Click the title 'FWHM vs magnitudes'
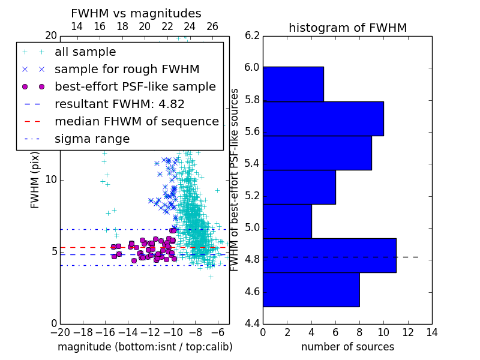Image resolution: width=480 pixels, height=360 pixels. tap(136, 13)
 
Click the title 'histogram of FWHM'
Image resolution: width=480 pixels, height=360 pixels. tap(348, 28)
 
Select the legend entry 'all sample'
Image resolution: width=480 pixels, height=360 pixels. tap(85, 52)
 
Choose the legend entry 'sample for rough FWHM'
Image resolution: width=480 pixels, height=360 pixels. tap(127, 70)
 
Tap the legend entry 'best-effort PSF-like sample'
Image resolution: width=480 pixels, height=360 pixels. tap(136, 87)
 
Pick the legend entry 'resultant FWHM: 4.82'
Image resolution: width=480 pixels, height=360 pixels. tap(119, 104)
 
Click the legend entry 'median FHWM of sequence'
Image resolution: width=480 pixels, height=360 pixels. tap(137, 122)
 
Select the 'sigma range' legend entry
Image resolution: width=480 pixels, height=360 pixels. tap(92, 139)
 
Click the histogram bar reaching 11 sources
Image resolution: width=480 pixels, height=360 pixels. tap(329, 256)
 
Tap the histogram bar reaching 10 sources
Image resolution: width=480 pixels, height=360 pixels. tap(323, 118)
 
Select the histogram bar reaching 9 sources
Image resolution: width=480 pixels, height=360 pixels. tap(317, 153)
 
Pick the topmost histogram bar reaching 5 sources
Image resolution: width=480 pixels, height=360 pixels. tap(293, 84)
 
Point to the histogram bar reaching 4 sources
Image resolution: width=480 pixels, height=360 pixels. tap(287, 221)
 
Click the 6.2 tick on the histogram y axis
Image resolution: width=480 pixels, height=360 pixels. tap(252, 36)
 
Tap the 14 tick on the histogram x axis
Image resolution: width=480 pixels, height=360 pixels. tap(432, 332)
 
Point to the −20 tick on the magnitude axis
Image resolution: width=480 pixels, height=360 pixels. tap(61, 332)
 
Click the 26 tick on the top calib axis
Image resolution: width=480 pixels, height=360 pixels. tap(212, 26)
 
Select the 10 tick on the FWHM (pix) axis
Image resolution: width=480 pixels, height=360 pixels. tap(51, 179)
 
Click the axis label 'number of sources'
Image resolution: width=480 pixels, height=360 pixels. tap(348, 347)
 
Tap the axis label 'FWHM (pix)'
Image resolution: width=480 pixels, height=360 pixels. tap(35, 180)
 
